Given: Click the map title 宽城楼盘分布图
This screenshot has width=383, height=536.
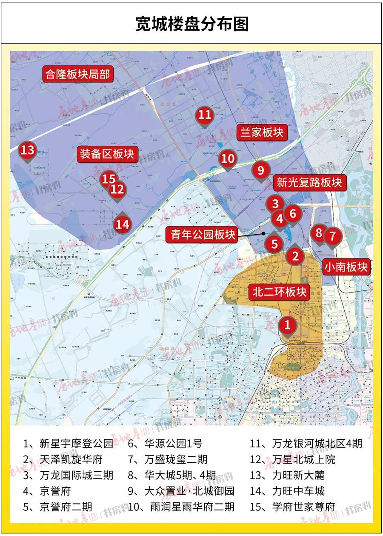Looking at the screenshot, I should [x=191, y=24].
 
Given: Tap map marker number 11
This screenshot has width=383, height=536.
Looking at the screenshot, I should [x=205, y=115].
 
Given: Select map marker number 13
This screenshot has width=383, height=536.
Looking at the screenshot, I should [x=28, y=150].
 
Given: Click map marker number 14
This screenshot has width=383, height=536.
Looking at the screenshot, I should [x=123, y=224].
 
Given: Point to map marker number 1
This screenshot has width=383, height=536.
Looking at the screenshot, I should [x=288, y=325].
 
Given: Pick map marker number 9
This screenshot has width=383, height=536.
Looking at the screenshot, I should [x=261, y=170].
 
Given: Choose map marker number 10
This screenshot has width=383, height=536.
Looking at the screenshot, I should [x=228, y=159].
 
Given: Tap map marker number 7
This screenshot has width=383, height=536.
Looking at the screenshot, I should [x=332, y=235].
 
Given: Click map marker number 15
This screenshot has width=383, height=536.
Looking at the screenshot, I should [x=109, y=179].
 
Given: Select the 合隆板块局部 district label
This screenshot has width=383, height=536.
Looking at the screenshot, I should [x=77, y=75].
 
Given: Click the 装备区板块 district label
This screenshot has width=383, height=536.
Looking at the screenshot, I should [x=107, y=154].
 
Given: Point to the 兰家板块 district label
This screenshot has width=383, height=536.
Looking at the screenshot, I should [x=262, y=132].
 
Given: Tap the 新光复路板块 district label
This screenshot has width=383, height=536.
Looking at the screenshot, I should [x=309, y=183].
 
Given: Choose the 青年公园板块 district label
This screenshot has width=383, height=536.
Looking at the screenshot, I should [x=203, y=234].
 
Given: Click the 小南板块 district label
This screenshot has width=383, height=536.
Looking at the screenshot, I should [x=346, y=267].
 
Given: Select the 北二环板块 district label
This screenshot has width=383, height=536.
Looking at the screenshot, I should [x=279, y=292].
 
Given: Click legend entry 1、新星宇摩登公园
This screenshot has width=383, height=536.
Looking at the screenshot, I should [x=68, y=444].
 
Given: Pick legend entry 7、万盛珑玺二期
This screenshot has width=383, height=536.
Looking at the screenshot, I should [x=168, y=459].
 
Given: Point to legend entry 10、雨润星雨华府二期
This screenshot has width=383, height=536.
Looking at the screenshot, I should [x=181, y=507].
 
